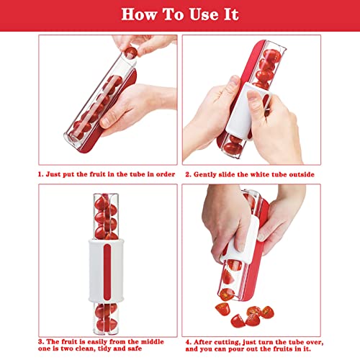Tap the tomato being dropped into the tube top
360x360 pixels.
click(130, 53)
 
